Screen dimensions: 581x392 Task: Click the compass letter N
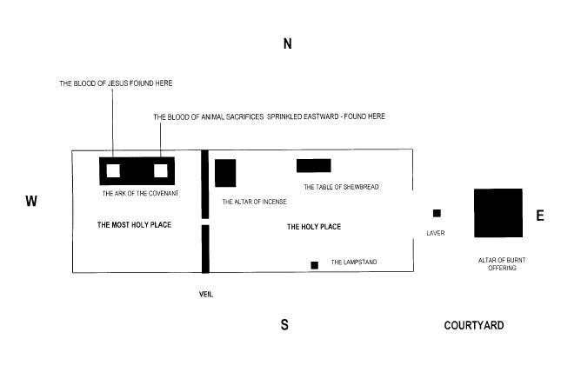[x=288, y=43]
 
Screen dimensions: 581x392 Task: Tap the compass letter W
[x=31, y=201]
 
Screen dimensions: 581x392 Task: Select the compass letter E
[x=540, y=216]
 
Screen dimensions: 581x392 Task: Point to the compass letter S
[x=284, y=324]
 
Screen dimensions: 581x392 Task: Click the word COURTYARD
[x=474, y=325]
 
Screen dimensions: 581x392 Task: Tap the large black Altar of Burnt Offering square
[x=498, y=213]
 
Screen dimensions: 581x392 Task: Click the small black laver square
[x=437, y=213]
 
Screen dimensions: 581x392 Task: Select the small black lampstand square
[x=315, y=265]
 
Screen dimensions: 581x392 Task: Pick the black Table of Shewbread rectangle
[x=313, y=165]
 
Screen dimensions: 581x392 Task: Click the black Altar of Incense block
[x=225, y=173]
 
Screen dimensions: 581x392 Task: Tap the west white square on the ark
[x=113, y=170]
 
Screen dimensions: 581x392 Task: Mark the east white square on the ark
[x=161, y=170]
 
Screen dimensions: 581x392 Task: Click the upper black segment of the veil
[x=205, y=184]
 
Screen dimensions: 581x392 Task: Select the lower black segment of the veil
[x=205, y=249]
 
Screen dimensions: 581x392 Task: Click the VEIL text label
[x=206, y=295]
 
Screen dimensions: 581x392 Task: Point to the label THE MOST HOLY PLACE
[x=134, y=225]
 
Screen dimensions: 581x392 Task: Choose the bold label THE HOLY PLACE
[x=314, y=227]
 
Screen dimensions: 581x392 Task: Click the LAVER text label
[x=436, y=233]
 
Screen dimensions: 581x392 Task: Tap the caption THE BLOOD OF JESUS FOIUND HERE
[x=116, y=83]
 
